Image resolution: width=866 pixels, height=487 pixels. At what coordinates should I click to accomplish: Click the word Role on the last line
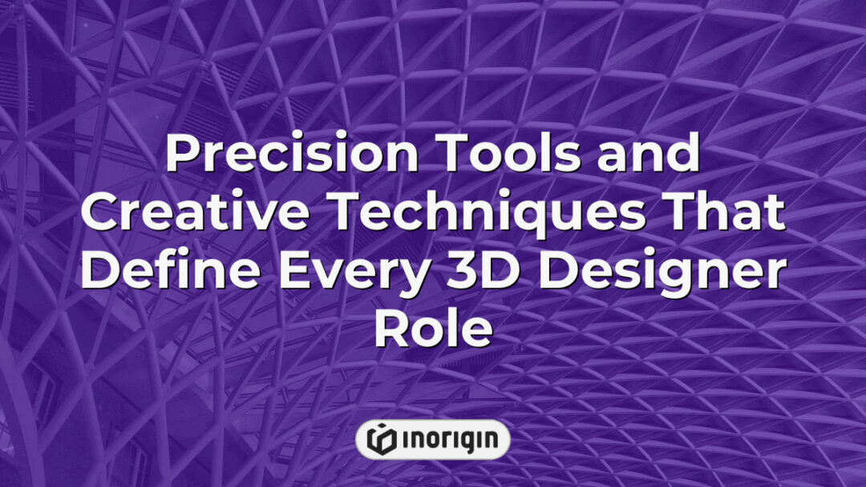[432, 331]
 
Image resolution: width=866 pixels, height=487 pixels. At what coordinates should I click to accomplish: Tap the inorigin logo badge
[432, 439]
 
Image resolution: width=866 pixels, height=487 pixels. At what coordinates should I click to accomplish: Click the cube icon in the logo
[381, 439]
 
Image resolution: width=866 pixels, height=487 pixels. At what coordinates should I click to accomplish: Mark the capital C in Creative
[99, 214]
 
